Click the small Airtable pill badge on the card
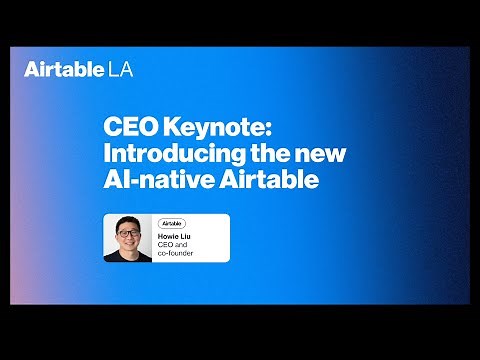[172, 223]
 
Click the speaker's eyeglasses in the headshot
[127, 236]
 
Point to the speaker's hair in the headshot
[127, 223]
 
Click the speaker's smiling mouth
[127, 245]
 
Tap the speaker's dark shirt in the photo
[127, 257]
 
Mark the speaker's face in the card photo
[127, 238]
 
